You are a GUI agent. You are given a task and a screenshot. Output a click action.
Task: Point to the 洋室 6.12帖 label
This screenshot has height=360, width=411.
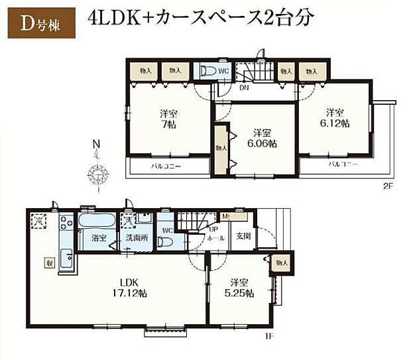click(x=336, y=117)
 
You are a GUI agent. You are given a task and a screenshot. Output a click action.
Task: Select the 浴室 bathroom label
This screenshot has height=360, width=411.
click(x=89, y=237)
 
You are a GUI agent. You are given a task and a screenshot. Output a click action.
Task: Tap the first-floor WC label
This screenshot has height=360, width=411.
click(x=167, y=231)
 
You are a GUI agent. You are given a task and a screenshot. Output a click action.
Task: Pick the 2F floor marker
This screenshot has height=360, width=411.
click(x=387, y=186)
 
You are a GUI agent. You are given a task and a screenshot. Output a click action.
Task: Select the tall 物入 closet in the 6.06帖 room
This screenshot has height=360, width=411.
click(x=221, y=149)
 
